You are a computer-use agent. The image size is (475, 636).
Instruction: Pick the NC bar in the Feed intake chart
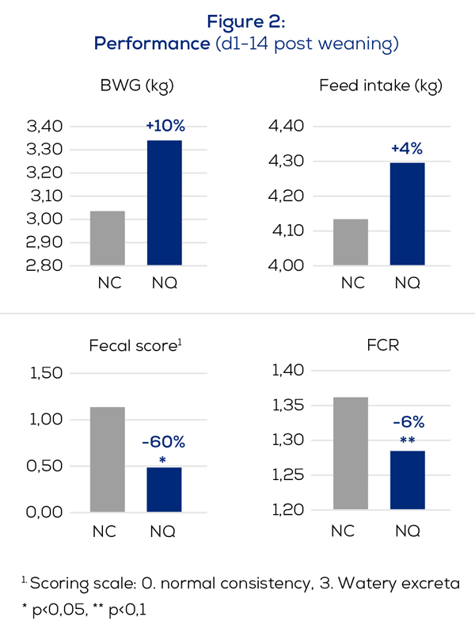pyautogui.click(x=350, y=242)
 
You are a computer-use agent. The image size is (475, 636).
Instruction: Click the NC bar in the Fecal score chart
pyautogui.click(x=107, y=459)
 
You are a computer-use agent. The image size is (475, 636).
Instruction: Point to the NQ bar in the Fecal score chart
pyautogui.click(x=165, y=489)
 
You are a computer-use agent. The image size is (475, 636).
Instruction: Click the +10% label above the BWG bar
pyautogui.click(x=165, y=125)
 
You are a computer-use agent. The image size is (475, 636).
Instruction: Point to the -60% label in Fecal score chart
pyautogui.click(x=162, y=442)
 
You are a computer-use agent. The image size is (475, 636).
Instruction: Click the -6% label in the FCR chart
pyautogui.click(x=408, y=421)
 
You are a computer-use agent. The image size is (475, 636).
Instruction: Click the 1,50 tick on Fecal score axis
pyautogui.click(x=44, y=373)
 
